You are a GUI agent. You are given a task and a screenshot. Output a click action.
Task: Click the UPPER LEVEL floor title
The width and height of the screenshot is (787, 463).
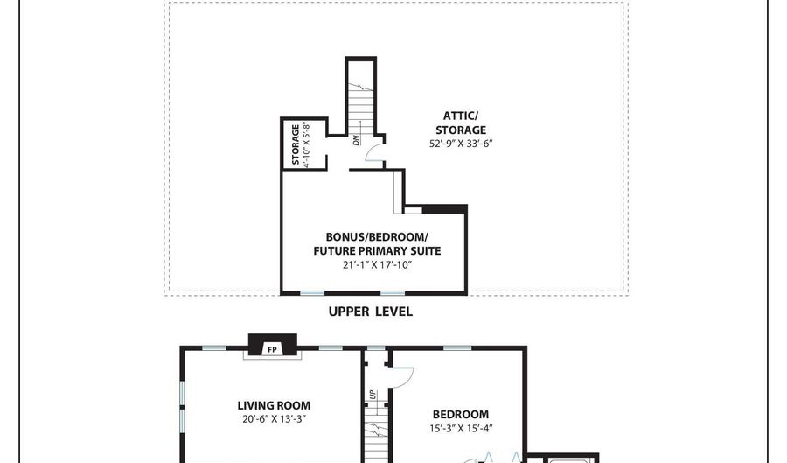(371, 312)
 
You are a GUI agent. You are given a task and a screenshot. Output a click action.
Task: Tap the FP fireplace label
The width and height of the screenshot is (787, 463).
(272, 349)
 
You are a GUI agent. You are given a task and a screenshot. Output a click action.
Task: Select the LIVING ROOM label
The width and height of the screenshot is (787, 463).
(274, 405)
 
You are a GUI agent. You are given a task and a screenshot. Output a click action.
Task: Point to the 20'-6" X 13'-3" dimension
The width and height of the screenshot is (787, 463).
(274, 419)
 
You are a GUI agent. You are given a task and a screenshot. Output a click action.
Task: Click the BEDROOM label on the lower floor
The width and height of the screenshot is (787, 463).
(461, 414)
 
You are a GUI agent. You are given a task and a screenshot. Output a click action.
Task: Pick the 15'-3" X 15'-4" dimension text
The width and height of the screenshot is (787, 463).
(461, 428)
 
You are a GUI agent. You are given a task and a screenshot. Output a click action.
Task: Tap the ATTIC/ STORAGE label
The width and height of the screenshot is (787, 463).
(461, 123)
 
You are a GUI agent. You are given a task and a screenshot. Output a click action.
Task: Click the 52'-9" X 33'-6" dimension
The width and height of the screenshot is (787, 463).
(461, 144)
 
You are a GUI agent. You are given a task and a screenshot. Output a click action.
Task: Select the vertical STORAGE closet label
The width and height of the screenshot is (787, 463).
(296, 144)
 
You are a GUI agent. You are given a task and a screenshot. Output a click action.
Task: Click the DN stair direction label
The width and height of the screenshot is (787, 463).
(357, 140)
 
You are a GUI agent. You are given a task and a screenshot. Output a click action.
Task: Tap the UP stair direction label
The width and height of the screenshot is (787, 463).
(373, 395)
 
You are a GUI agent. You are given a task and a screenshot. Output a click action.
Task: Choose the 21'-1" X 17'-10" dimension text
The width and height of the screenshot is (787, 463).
(377, 265)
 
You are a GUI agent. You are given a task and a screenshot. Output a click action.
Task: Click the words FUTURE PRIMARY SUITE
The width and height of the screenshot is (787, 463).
(377, 251)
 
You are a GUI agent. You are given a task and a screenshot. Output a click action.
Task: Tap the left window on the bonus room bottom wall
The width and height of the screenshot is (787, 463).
(312, 292)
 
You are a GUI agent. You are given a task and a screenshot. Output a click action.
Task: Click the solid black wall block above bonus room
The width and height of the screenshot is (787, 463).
(445, 209)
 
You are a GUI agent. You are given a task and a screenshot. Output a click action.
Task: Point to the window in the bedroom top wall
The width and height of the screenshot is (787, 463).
(457, 348)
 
